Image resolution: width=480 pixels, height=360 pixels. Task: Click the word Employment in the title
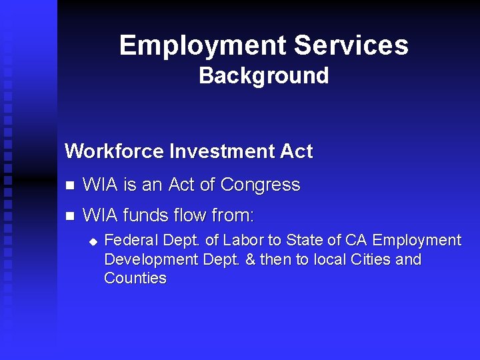(x=203, y=45)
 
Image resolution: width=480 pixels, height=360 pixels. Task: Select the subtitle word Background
(x=263, y=76)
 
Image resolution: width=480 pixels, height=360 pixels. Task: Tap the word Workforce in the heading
(x=114, y=151)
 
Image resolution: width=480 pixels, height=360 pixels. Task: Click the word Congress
(x=260, y=185)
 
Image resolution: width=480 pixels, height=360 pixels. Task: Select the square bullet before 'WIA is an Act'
(x=69, y=185)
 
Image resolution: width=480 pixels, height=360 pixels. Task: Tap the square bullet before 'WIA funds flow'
(x=69, y=216)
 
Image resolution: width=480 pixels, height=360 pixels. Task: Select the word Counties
(x=135, y=279)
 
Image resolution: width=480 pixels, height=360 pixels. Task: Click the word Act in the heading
(x=296, y=151)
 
